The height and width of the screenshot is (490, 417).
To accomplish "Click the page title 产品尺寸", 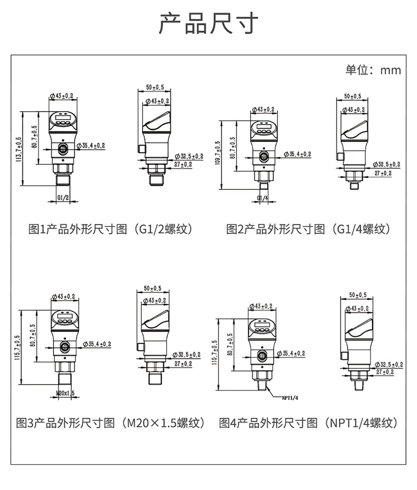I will pos(209,24).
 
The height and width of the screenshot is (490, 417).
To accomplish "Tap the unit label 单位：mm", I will pos(373,70).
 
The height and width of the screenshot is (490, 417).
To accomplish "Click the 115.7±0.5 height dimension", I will pos(17,348).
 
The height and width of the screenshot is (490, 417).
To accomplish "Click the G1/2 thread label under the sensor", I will pos(62,198).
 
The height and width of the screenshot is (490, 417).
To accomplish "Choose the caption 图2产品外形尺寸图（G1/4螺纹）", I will pos(308,229).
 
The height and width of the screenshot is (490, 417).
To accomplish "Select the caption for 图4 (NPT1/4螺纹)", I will pos(308,423).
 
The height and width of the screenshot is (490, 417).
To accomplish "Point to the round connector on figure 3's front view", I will pos(64,346).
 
